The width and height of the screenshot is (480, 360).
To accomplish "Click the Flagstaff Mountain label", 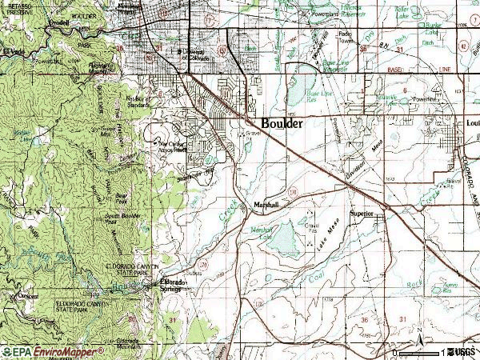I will [99, 67].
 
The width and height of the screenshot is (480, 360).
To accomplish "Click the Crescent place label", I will [29, 294].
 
